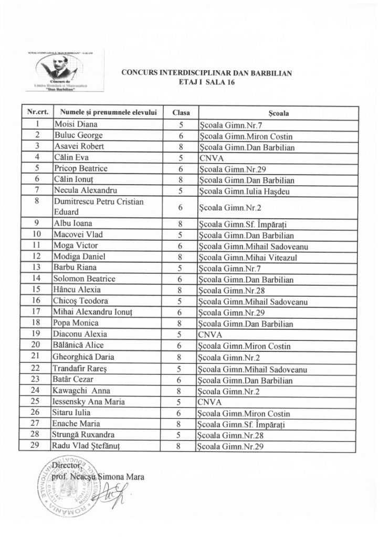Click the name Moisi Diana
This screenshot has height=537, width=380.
77,124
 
